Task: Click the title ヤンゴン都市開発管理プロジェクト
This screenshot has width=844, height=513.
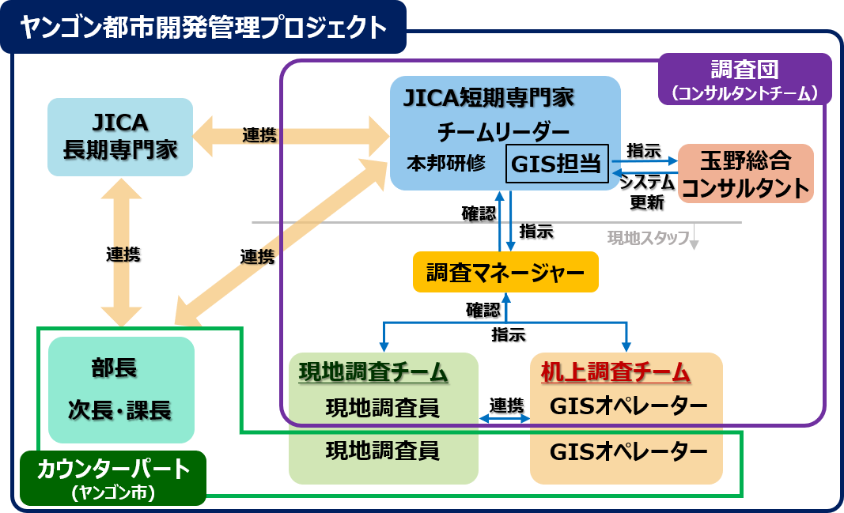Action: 203,27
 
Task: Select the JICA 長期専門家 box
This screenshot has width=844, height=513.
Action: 119,137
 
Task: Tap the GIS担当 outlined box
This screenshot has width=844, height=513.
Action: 558,164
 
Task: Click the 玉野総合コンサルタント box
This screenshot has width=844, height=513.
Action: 745,174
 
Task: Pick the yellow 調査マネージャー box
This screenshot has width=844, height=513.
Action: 505,273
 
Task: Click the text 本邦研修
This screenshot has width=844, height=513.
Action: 446,164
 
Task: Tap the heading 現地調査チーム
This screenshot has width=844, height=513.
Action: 373,372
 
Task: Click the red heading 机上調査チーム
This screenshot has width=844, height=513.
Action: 615,372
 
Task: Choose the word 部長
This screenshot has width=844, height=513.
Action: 114,368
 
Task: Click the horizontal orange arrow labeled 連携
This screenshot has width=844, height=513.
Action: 290,135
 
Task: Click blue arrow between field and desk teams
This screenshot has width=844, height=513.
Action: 505,418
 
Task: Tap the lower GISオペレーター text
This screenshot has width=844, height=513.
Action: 627,451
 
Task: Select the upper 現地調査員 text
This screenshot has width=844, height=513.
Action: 383,408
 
